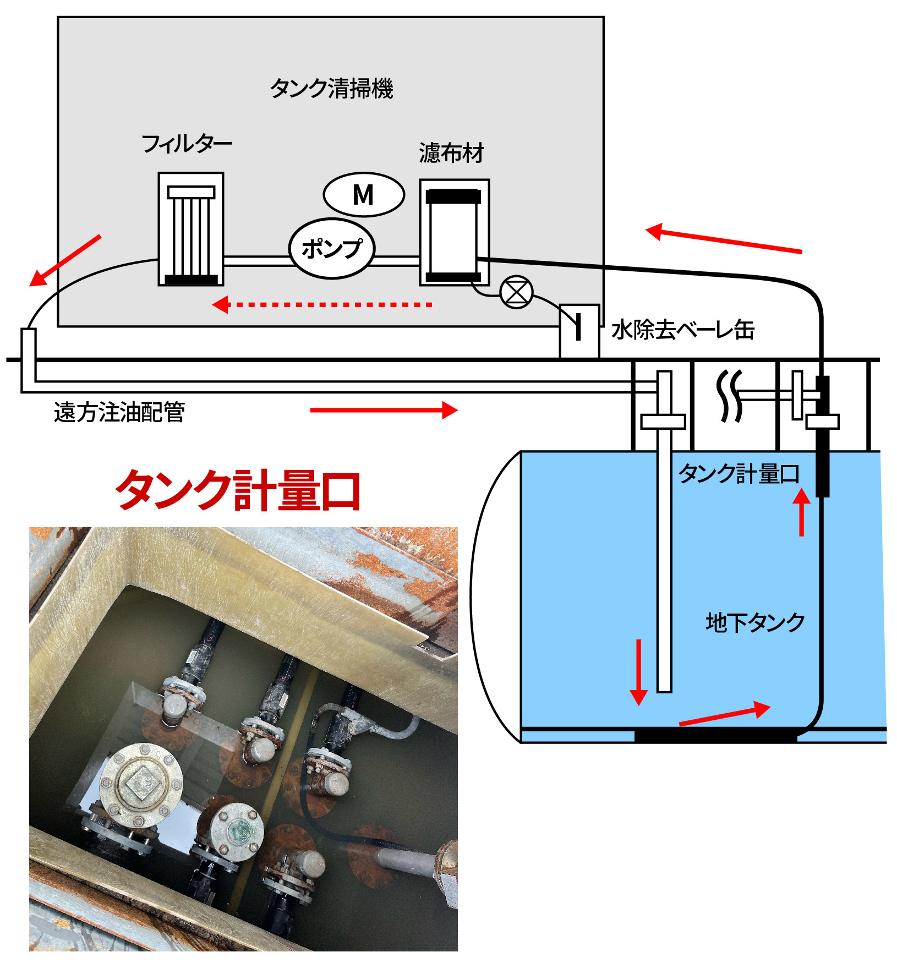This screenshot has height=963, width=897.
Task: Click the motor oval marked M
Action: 364,195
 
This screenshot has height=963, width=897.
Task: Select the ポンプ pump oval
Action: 332,249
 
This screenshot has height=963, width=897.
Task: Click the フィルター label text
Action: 187,144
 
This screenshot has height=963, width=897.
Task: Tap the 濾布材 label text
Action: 451,153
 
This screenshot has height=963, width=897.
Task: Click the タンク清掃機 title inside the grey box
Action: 331,88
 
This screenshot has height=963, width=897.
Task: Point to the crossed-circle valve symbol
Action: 516,292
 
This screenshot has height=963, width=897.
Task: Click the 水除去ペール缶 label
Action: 682,330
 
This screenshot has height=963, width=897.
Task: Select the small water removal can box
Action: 579,331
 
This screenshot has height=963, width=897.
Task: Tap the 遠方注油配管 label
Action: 119,412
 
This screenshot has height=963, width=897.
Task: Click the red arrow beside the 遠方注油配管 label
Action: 384,410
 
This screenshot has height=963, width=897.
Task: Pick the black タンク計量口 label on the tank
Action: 739,474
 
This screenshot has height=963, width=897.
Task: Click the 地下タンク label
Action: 755,622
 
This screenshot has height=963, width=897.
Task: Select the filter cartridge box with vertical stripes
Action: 191,229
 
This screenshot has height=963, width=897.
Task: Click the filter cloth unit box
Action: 454,233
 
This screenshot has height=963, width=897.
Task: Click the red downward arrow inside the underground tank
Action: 638,672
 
